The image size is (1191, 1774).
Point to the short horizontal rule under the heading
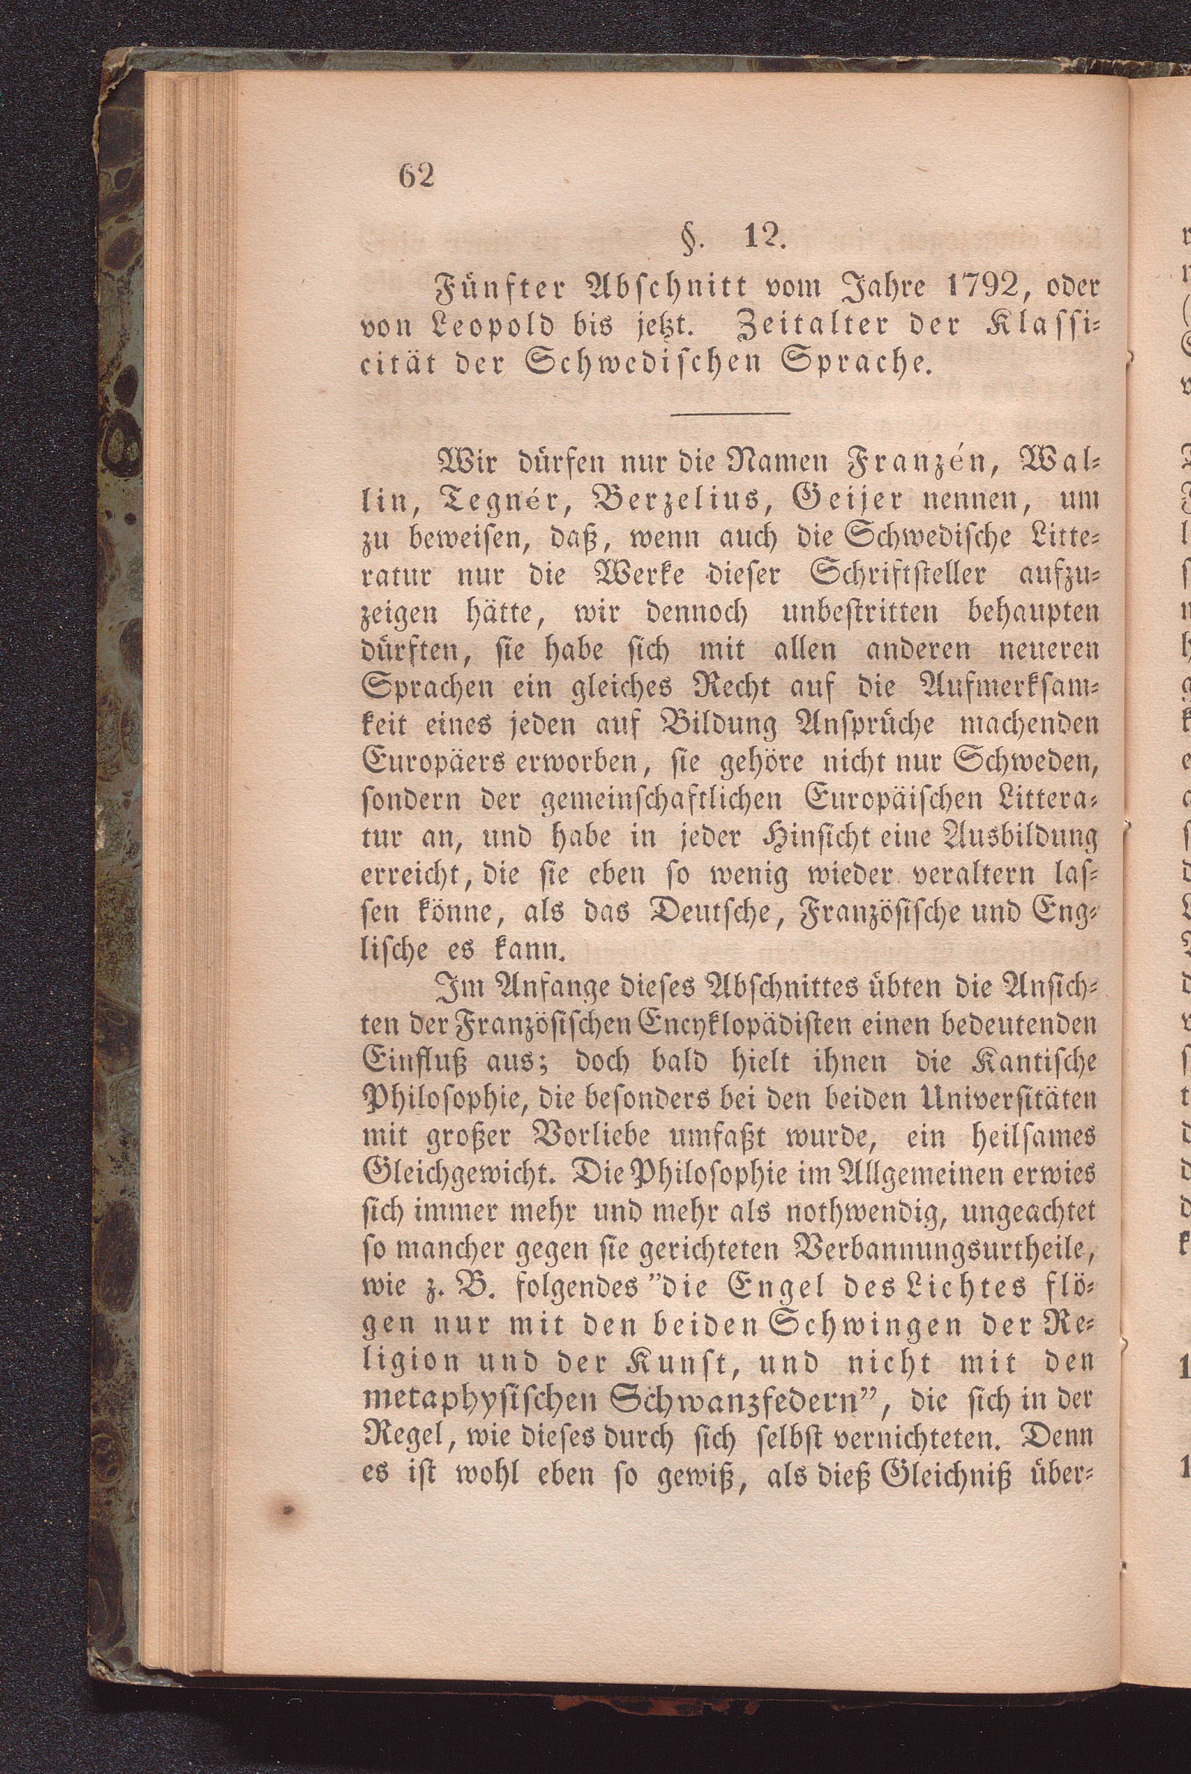pyautogui.click(x=730, y=413)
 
